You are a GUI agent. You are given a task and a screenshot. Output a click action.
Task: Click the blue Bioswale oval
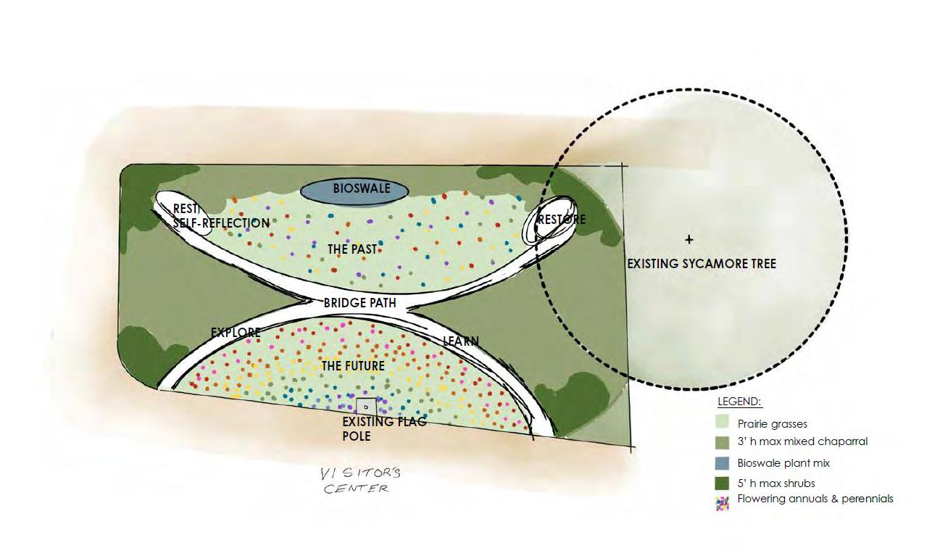tap(354, 190)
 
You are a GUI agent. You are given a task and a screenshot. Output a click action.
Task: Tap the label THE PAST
tap(352, 249)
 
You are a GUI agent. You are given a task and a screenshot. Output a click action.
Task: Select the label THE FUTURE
tap(353, 366)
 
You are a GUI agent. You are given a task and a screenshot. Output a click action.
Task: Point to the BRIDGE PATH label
tap(360, 302)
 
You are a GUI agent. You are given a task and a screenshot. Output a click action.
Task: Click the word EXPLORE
tap(236, 333)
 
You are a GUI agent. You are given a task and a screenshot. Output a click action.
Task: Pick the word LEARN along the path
tap(461, 341)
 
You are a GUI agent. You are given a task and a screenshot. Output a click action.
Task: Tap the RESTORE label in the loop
tap(562, 219)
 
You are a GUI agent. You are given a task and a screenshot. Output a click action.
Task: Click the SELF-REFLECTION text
tap(221, 223)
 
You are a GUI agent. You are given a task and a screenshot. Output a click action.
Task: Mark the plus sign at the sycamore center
tap(689, 240)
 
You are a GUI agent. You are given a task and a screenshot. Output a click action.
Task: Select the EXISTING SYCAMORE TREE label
tap(701, 264)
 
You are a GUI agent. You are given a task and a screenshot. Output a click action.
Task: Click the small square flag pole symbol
tap(366, 407)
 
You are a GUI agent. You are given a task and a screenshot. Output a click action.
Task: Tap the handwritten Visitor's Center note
tap(361, 481)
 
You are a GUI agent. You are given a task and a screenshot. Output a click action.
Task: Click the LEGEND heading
tap(739, 402)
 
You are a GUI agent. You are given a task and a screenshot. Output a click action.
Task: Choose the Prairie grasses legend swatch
tap(722, 422)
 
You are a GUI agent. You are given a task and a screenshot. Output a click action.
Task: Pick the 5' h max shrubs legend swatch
tap(722, 483)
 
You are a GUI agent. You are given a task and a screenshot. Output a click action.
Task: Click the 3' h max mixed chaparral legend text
tap(802, 441)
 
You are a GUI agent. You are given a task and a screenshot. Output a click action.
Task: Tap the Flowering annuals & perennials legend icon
tap(722, 502)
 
